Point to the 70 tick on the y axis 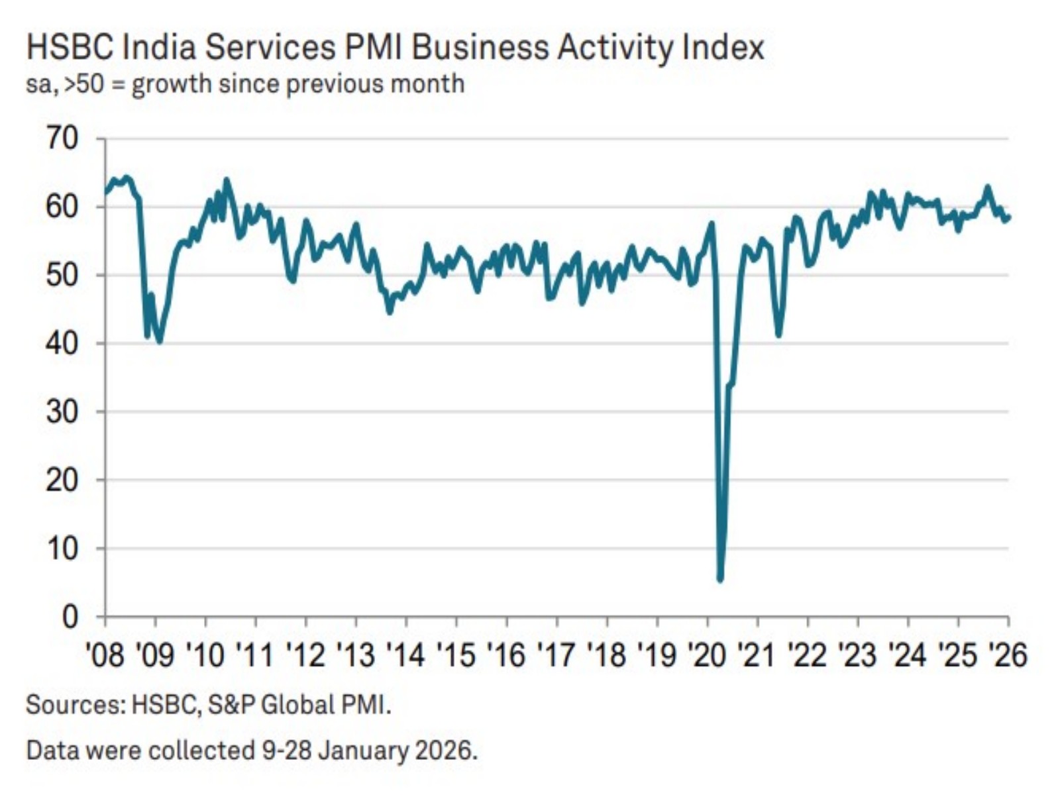coord(62,138)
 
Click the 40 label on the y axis coord(62,343)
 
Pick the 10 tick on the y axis coord(62,548)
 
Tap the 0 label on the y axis coord(70,617)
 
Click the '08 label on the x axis coord(105,655)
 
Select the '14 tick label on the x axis coord(405,655)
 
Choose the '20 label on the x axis coord(707,655)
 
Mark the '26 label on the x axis coord(1007,655)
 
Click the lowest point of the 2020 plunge coord(720,580)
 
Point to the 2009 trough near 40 coord(159,342)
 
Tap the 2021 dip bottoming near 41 coord(778,335)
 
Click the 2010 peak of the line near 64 coord(227,179)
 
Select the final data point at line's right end coord(1008,217)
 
